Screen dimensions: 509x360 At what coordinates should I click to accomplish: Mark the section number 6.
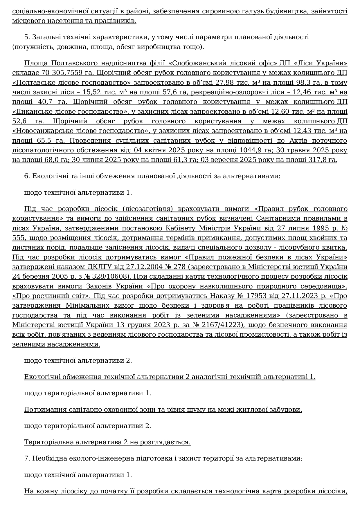tap(27, 176)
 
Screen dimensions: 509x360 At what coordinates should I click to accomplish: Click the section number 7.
tap(27, 459)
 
